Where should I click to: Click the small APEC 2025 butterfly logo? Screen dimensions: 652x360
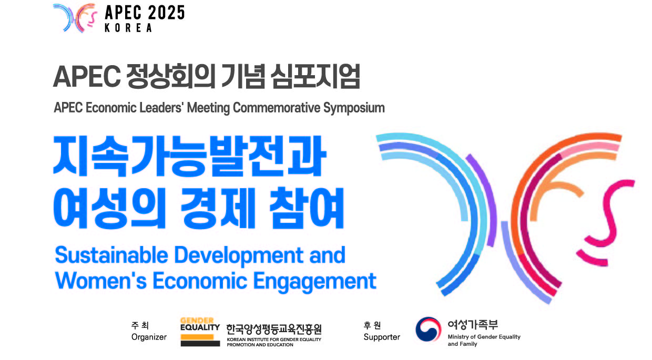click(x=75, y=18)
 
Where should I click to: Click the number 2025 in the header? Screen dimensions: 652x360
click(x=166, y=13)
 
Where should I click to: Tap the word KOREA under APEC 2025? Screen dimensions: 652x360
click(x=128, y=28)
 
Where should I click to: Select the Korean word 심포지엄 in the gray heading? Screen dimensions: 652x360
click(x=315, y=76)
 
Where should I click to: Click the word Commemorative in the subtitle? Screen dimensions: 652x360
click(x=276, y=108)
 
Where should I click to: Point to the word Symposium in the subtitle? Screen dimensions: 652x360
click(x=354, y=108)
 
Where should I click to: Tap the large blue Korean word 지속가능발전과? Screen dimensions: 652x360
click(x=189, y=156)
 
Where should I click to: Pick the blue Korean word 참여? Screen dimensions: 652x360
click(x=307, y=208)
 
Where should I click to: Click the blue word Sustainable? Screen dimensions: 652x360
click(x=111, y=255)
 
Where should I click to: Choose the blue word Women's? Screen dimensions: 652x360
click(x=101, y=281)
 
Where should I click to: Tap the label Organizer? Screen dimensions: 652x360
click(x=149, y=337)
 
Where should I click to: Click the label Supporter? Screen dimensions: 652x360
click(x=382, y=337)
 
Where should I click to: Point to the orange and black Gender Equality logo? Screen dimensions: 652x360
click(x=200, y=332)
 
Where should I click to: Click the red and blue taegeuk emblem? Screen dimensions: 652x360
click(x=428, y=329)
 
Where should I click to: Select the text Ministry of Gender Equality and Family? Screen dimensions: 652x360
click(x=484, y=340)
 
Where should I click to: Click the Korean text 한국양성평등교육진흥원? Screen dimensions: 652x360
click(x=273, y=329)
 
